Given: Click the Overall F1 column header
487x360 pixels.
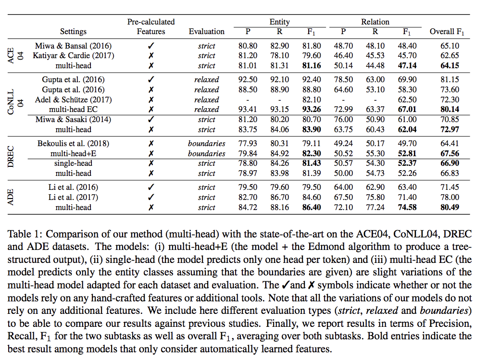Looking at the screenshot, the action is [x=450, y=32].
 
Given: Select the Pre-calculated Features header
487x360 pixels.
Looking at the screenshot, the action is [x=150, y=27].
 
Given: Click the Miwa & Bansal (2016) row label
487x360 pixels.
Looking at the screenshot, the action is [x=73, y=46].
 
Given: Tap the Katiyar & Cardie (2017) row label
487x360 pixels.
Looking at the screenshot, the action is [x=73, y=56].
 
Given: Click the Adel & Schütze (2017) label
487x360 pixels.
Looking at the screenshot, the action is [x=73, y=99].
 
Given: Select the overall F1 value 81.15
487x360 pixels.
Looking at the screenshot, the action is [x=450, y=80].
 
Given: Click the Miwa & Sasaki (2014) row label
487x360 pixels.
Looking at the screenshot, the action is [x=73, y=119].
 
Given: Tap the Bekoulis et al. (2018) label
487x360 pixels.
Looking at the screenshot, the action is [x=73, y=144].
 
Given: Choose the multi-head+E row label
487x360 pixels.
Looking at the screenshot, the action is [x=73, y=153].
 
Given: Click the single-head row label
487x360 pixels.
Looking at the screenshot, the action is [x=73, y=163].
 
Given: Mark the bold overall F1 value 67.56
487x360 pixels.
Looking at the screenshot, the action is [x=450, y=153].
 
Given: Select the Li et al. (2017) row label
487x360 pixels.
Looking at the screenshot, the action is [x=73, y=198].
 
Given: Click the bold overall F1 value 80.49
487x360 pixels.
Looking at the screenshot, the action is [x=450, y=208].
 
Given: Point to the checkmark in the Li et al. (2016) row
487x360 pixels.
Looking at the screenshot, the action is [x=151, y=187].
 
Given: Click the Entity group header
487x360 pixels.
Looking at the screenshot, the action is [x=279, y=22].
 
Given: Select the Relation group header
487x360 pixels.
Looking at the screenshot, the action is [x=375, y=22].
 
